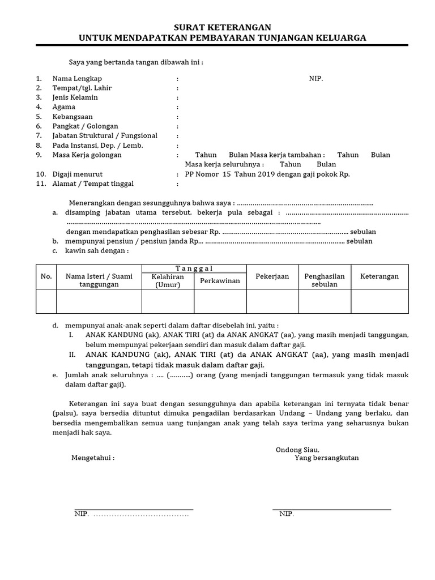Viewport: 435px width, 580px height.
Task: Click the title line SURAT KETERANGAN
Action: tap(222, 27)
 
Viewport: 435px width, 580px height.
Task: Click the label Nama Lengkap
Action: tap(77, 78)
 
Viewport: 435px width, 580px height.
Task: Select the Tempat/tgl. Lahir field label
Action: tap(82, 88)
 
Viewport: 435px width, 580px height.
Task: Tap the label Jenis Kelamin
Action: tap(75, 97)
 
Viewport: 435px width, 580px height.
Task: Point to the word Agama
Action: tap(64, 107)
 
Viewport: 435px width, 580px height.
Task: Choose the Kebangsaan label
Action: tap(73, 117)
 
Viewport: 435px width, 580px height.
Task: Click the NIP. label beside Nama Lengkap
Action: tap(316, 78)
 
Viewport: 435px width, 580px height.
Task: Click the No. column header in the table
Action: tap(46, 276)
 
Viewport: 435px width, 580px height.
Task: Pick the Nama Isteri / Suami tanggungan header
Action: tap(99, 280)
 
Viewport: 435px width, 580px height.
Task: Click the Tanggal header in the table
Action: tap(194, 268)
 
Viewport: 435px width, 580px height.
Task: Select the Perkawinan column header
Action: tap(220, 281)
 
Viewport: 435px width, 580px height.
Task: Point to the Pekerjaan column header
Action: tap(272, 276)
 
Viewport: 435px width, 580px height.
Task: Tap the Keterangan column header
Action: tap(379, 276)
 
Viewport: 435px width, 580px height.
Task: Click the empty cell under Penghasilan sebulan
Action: tap(325, 301)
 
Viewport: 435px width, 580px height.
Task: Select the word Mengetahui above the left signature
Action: tap(92, 458)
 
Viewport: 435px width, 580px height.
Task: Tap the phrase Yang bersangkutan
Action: tap(326, 458)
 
